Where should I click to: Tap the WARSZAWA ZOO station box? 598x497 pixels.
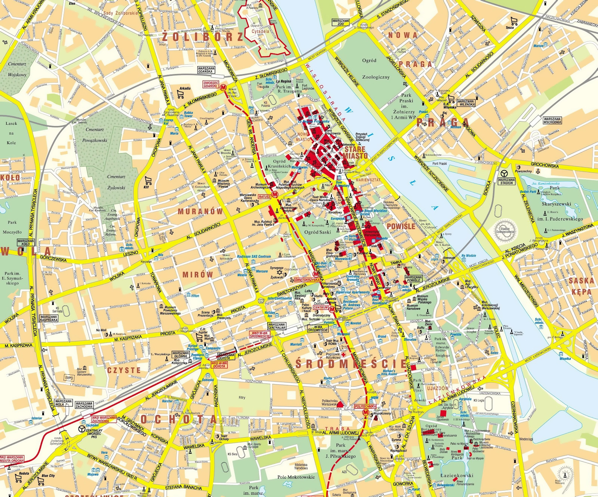[x=340, y=22]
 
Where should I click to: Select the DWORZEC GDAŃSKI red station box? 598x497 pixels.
[x=211, y=84]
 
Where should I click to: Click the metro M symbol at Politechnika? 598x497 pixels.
[x=366, y=412]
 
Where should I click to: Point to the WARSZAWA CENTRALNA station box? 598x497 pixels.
[x=277, y=326]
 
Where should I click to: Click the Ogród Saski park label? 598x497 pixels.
[x=318, y=232]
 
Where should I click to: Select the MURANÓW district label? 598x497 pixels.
[x=200, y=212]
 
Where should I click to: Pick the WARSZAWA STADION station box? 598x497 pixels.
[x=506, y=181]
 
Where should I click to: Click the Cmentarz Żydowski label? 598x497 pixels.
[x=116, y=182]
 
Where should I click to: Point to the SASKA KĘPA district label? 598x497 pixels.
[x=581, y=286]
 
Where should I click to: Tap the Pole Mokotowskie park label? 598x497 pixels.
[x=296, y=477]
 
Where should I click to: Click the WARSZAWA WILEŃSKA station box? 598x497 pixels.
[x=466, y=103]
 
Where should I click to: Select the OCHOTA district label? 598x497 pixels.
[x=179, y=419]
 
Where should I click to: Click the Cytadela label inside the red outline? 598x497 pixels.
[x=260, y=31]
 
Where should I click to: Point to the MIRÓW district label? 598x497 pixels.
[x=198, y=275]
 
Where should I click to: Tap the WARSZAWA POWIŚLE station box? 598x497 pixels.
[x=413, y=279]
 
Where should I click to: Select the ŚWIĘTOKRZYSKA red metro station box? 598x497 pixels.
[x=307, y=280]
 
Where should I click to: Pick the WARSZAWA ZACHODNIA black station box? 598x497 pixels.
[x=84, y=405]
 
